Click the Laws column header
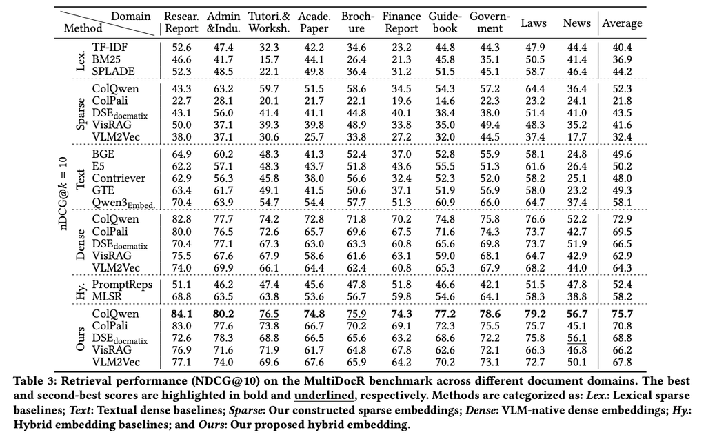(534, 23)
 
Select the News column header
(576, 23)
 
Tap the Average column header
(623, 23)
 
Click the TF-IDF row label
(110, 48)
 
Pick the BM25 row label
(106, 59)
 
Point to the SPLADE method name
(114, 72)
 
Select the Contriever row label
(119, 178)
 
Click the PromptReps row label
(123, 285)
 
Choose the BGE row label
(103, 154)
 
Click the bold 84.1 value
(181, 314)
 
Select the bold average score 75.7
(623, 314)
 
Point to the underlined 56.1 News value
(577, 338)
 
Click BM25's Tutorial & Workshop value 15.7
(269, 59)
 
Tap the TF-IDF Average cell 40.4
(623, 48)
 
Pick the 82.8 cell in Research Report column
(181, 219)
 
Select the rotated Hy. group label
(81, 291)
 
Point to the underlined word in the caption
(324, 396)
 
